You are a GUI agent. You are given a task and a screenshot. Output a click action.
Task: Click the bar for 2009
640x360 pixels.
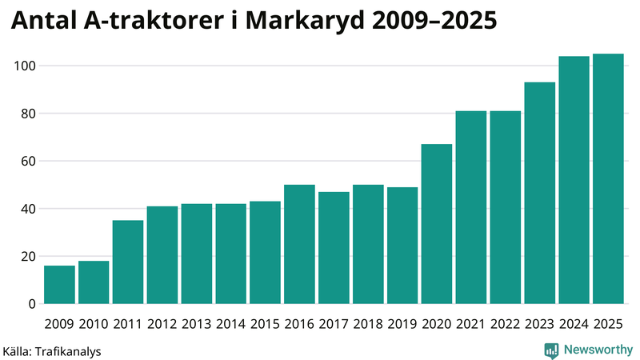(60, 285)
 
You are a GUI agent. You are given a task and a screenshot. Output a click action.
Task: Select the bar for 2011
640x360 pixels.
(128, 262)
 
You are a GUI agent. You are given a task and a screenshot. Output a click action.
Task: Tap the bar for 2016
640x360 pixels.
(299, 244)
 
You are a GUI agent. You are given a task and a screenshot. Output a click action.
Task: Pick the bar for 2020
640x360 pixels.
(437, 224)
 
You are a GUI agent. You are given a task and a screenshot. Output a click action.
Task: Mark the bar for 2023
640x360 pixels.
(539, 193)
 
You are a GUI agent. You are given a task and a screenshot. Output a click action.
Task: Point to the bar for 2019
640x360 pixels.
(402, 246)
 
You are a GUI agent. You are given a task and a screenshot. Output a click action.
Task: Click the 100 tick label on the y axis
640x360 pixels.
(24, 66)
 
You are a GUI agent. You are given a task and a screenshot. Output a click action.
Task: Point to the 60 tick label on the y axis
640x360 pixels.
(27, 161)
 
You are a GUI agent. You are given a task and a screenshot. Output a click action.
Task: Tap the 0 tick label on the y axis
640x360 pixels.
(32, 304)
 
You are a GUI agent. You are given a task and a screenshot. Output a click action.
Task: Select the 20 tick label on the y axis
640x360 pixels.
(27, 256)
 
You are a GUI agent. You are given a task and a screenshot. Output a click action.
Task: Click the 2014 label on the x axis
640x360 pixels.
(231, 324)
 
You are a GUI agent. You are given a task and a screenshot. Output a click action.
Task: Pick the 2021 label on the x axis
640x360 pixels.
(471, 324)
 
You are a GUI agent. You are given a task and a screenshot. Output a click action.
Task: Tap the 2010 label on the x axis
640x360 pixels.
(94, 324)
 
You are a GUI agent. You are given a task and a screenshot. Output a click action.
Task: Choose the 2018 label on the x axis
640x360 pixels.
(368, 324)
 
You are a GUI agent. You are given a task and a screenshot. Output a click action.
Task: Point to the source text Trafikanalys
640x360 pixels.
(67, 350)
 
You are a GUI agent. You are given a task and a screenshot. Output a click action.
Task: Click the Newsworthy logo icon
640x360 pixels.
(551, 350)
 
